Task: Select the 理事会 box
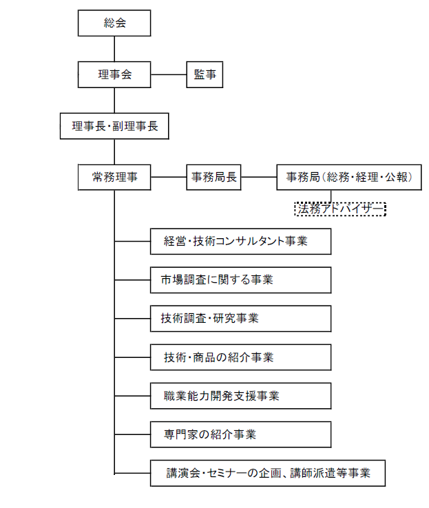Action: (x=114, y=75)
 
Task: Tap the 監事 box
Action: (x=205, y=75)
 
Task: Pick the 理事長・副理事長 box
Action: (x=114, y=127)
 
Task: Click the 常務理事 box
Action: (x=114, y=177)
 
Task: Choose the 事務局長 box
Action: (x=213, y=177)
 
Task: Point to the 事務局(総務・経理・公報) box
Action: (x=348, y=177)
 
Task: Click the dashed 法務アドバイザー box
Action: (x=339, y=209)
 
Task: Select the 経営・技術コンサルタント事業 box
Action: (x=241, y=242)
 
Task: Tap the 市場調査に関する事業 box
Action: (x=241, y=280)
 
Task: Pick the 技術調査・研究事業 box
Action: (x=241, y=319)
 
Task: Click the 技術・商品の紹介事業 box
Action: (x=241, y=357)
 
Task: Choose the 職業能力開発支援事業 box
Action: (x=241, y=396)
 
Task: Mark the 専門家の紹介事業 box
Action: (x=241, y=434)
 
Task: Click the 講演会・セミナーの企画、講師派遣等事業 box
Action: (x=268, y=473)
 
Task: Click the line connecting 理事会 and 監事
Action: (x=169, y=75)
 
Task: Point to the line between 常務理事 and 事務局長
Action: (x=169, y=177)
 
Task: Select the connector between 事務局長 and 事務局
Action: (x=258, y=177)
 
